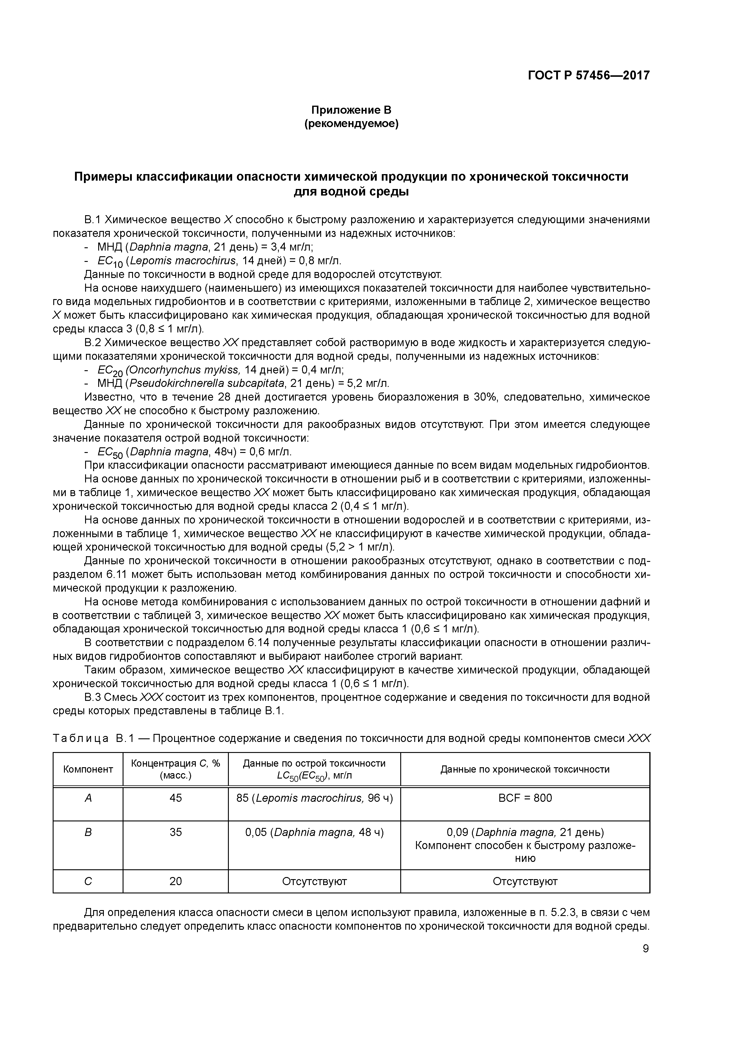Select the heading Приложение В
click(x=351, y=110)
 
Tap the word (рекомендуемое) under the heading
click(x=351, y=124)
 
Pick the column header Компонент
click(x=88, y=769)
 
